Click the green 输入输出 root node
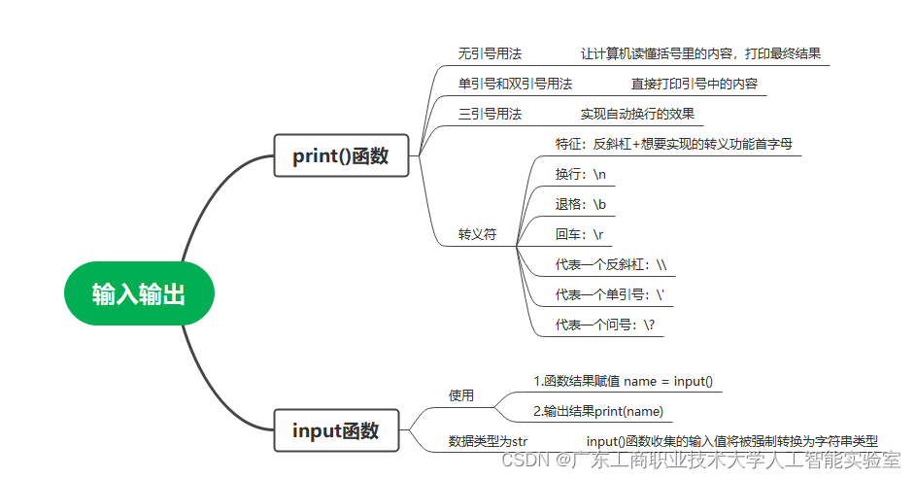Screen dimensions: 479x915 coord(138,293)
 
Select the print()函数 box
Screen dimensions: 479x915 coord(340,155)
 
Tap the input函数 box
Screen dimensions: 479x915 coord(335,430)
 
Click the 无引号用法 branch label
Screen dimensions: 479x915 coord(490,53)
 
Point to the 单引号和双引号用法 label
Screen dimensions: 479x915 coord(515,84)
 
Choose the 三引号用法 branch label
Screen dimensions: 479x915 coord(490,114)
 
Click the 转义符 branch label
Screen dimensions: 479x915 coord(477,234)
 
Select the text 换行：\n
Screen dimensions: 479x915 coord(580,174)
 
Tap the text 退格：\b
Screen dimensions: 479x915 coord(580,204)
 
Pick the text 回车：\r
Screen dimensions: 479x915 coord(579,234)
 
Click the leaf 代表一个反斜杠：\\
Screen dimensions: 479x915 coord(610,264)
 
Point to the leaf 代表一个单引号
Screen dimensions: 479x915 coord(609,294)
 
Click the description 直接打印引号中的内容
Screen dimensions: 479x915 coord(694,84)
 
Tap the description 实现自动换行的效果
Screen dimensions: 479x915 coord(637,114)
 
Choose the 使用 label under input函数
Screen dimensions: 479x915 coord(460,395)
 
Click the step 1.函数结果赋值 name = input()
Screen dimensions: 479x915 coord(623,381)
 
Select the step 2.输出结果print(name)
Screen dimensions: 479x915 coord(598,411)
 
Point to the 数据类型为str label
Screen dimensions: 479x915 coord(488,441)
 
